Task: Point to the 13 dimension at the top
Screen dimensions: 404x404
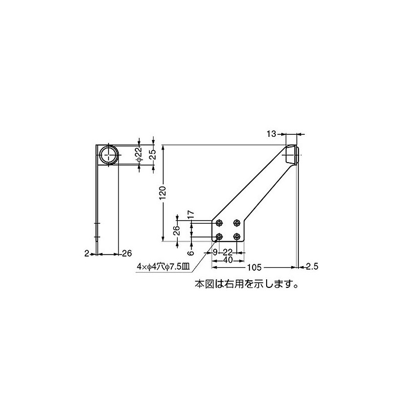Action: click(271, 134)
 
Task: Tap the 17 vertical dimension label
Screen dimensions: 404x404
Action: click(191, 215)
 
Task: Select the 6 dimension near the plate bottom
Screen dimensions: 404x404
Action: click(190, 252)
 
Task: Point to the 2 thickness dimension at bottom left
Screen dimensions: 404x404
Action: click(87, 253)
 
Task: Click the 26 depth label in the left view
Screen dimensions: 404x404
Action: click(127, 253)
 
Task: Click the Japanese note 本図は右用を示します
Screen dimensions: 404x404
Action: click(247, 284)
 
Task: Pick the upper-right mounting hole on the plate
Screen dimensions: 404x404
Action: click(236, 223)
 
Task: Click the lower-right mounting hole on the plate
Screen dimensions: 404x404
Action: click(236, 236)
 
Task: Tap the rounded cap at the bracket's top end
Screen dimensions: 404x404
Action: click(292, 154)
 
